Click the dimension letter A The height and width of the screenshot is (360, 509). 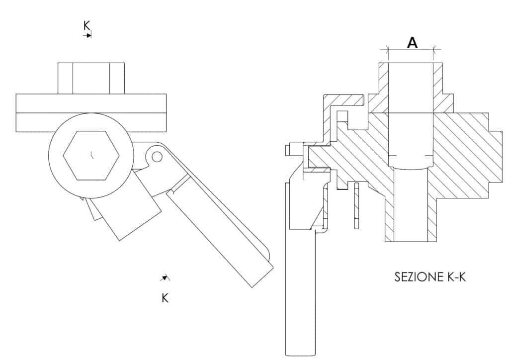pyautogui.click(x=412, y=43)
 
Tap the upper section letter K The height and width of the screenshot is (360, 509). pyautogui.click(x=86, y=25)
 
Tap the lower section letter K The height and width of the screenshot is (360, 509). pyautogui.click(x=165, y=298)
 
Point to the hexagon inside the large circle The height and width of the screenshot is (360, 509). pyautogui.click(x=90, y=156)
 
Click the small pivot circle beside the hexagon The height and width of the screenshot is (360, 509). pyautogui.click(x=157, y=157)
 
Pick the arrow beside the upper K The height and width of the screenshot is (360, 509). pyautogui.click(x=87, y=35)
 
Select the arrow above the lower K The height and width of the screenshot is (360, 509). pyautogui.click(x=165, y=277)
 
